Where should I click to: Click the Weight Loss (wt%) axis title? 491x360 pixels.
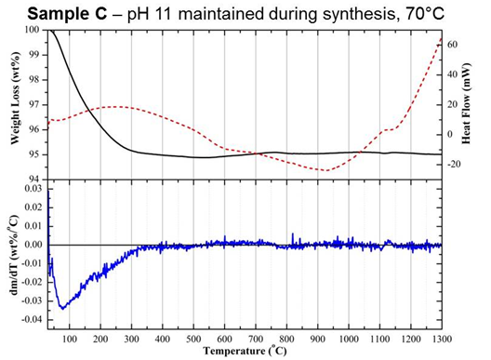pos(15,104)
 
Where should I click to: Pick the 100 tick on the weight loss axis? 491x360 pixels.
pos(34,31)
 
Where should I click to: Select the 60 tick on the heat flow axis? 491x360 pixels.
pos(453,44)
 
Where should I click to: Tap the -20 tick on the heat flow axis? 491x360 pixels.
pos(455,165)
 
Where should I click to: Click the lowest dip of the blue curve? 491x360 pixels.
pos(62,307)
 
